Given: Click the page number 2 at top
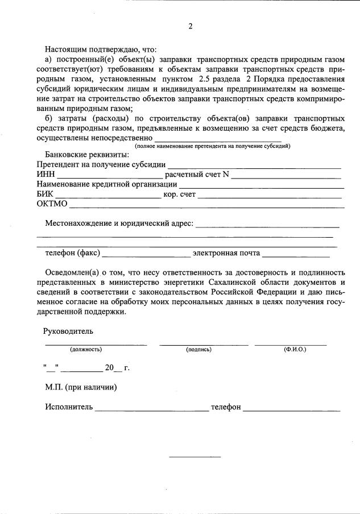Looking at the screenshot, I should (191, 26).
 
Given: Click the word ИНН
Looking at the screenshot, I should (45, 175).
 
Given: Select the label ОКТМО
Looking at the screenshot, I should (52, 204).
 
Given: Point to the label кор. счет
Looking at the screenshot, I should (179, 194).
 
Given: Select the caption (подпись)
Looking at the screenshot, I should (198, 349).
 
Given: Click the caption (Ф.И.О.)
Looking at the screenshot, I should (295, 349).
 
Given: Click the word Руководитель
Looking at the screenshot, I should (68, 331).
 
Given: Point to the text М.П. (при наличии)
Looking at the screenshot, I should (81, 388).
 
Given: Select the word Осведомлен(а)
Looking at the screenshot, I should (71, 273).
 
